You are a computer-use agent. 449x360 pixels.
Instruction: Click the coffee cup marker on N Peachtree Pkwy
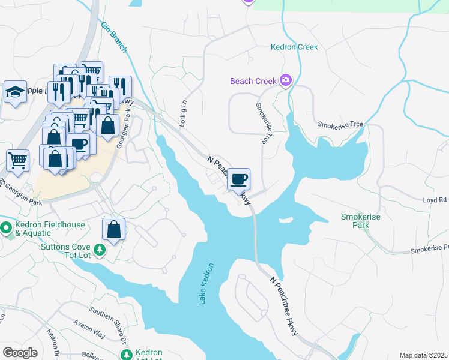click(239, 179)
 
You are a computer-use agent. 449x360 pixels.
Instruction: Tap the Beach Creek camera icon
click(286, 80)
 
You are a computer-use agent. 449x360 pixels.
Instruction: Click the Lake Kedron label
click(206, 283)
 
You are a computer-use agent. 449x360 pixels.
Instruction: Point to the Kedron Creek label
click(294, 47)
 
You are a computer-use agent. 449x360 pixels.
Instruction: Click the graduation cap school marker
click(16, 92)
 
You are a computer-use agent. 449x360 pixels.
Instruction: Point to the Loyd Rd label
click(435, 200)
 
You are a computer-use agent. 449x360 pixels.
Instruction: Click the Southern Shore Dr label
click(109, 323)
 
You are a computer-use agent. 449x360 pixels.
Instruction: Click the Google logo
click(20, 353)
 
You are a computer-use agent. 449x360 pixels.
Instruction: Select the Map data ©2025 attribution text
click(423, 355)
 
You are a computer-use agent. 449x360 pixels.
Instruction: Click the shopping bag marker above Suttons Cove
click(113, 229)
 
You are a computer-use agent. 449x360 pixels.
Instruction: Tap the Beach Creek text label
click(253, 81)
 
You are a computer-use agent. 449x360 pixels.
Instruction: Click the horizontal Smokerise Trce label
click(340, 124)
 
